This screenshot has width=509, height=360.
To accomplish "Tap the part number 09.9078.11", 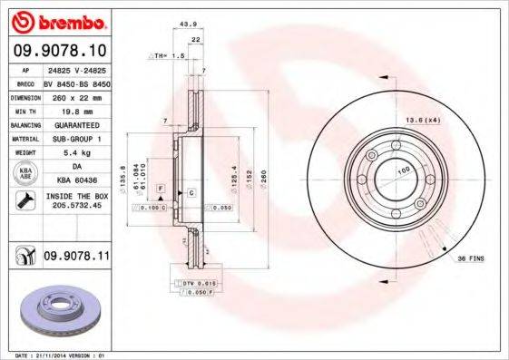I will (77, 258).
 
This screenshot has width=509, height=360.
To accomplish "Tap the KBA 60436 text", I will (75, 180).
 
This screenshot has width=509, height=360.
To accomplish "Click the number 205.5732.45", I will (76, 206).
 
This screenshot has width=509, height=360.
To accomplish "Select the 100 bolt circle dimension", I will (403, 170).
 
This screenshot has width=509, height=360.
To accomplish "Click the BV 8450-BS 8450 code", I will (75, 82).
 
